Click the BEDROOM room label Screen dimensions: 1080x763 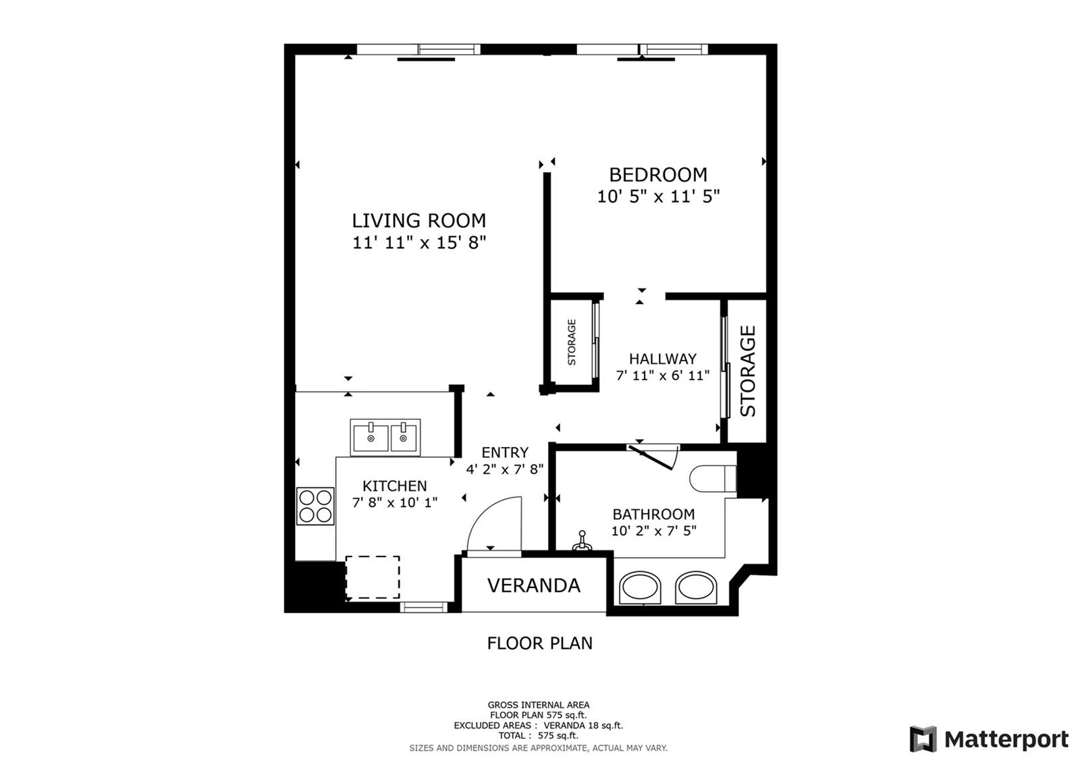click(x=658, y=175)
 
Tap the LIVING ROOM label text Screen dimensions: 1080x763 click(x=418, y=221)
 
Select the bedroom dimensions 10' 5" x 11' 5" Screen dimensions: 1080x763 click(x=658, y=196)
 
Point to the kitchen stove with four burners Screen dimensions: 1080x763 click(x=315, y=506)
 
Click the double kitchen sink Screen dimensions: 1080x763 click(x=385, y=438)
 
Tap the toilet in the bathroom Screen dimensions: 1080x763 click(x=713, y=479)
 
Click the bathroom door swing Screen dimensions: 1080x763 click(x=654, y=456)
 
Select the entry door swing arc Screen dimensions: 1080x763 click(x=493, y=524)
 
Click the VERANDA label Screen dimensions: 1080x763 click(x=534, y=585)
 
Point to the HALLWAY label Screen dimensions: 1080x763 click(x=662, y=359)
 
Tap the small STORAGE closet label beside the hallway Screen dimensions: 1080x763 click(x=572, y=342)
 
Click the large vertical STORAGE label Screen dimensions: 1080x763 click(x=747, y=371)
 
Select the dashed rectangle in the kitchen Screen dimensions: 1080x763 click(x=373, y=578)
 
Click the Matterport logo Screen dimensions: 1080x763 click(x=989, y=739)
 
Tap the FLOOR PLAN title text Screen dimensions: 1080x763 click(x=539, y=643)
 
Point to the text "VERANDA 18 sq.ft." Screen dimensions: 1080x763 click(x=583, y=725)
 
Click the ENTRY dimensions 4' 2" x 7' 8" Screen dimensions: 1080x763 click(x=505, y=469)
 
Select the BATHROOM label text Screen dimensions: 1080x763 click(x=654, y=514)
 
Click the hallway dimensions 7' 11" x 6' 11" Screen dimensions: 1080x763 click(x=662, y=375)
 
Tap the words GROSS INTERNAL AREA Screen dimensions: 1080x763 click(x=539, y=705)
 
